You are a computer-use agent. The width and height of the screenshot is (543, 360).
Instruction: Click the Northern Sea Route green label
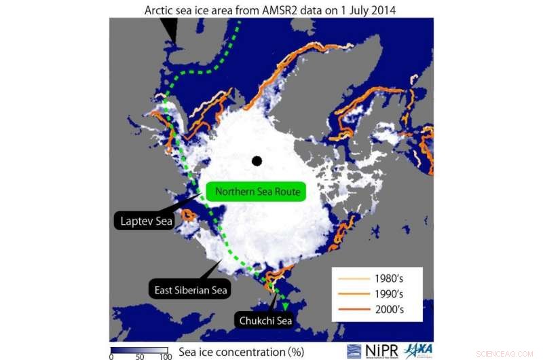tap(257, 192)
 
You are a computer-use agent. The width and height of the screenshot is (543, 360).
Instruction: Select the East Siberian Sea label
tap(189, 290)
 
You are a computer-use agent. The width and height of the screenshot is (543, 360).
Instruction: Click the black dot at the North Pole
tap(256, 161)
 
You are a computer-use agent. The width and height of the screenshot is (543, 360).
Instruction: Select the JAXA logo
tap(419, 350)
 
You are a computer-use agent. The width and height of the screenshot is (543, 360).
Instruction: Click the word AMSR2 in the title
tap(305, 10)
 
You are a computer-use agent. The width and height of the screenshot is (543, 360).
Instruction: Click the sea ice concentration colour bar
tap(138, 347)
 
